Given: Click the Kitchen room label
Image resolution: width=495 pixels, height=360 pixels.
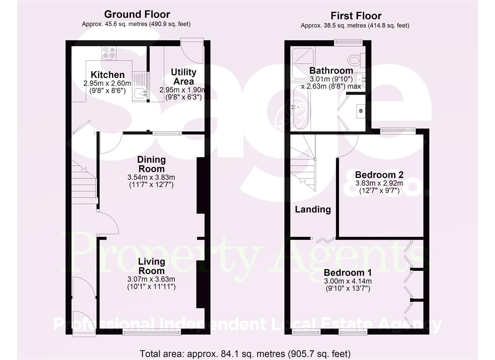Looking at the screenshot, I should coord(107,75).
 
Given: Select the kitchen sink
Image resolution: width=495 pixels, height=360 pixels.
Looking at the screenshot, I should coord(140,92).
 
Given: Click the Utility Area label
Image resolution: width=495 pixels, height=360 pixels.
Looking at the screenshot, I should coord(183,77).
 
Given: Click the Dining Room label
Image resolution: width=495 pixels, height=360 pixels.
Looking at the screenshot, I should coord(151,164).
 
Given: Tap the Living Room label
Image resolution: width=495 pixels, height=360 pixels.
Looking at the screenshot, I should coord(151,266).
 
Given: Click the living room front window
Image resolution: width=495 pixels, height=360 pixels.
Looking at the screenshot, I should coord(152,332).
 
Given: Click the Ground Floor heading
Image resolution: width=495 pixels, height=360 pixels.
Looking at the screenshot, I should coord(137,14).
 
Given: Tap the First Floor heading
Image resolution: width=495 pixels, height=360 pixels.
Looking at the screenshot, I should coord(356,16).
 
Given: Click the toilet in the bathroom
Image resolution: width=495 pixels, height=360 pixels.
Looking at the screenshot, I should coord(356,60).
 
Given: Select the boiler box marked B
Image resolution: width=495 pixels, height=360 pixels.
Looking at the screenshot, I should coord(361,111).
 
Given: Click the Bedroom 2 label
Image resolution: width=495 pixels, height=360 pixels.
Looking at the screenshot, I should coord(379,175).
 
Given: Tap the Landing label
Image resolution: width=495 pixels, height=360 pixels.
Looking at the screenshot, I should coord(313,209).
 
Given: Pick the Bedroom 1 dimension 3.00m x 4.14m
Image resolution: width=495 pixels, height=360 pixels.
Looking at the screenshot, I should coord(348,281).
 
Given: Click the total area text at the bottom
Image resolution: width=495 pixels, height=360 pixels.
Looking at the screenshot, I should coord(245,354).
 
